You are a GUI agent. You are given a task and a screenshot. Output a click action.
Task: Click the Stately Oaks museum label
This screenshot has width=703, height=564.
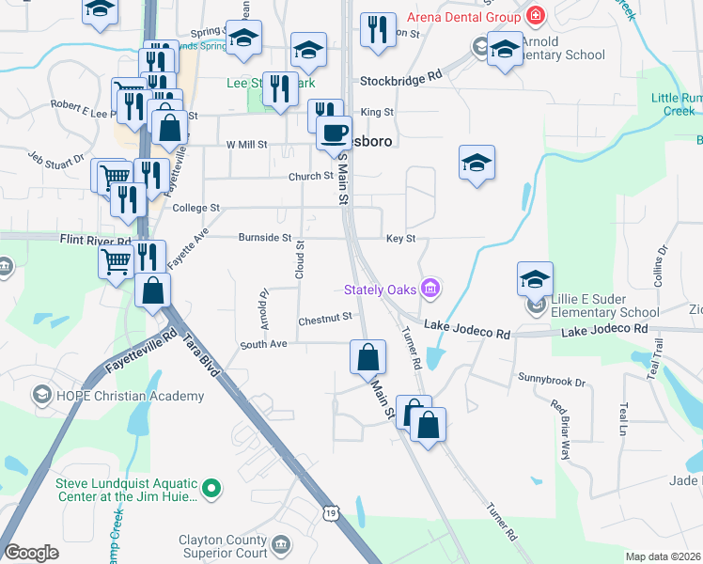(x=380, y=289)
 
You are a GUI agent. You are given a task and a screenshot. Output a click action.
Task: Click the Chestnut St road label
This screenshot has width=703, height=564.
(x=324, y=320)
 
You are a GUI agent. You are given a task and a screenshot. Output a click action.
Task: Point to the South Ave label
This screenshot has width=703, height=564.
(x=262, y=344)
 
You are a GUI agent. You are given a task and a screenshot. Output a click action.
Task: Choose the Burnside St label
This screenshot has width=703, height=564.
(x=264, y=238)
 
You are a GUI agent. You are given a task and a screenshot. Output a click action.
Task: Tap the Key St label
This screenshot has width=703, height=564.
(x=400, y=239)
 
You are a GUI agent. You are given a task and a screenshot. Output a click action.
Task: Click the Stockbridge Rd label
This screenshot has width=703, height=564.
(x=401, y=81)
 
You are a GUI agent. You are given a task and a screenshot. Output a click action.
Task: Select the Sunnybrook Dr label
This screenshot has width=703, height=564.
(x=552, y=382)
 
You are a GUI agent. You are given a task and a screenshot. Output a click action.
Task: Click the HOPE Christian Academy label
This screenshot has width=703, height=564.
(x=131, y=396)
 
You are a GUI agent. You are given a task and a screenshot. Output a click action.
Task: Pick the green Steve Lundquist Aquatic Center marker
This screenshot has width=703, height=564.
(x=212, y=488)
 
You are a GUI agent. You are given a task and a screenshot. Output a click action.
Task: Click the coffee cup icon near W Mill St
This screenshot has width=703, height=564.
(x=333, y=133)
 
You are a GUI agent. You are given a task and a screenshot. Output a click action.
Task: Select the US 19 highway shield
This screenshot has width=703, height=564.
(x=328, y=512)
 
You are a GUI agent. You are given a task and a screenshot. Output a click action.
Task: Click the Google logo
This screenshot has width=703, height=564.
(x=31, y=554)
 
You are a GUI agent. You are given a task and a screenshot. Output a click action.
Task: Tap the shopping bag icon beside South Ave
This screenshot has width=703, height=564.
(x=367, y=356)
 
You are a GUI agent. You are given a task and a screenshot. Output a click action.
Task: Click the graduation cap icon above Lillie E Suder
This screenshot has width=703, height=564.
(x=535, y=278)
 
